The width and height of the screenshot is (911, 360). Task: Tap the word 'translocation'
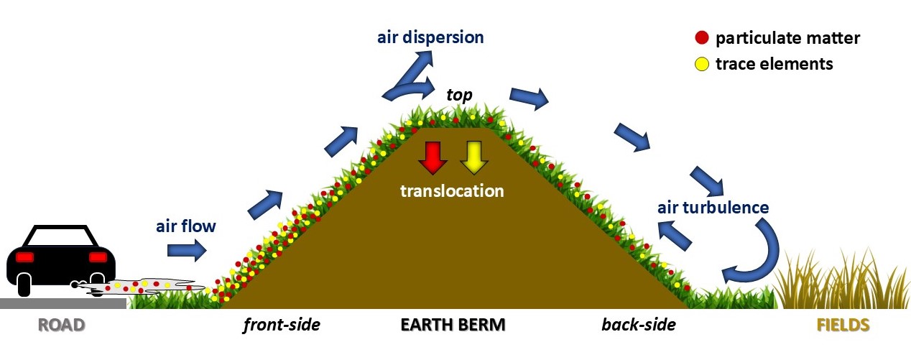coord(452,191)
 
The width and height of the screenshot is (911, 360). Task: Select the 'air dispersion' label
coord(430,37)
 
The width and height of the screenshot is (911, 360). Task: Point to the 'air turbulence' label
coord(713,208)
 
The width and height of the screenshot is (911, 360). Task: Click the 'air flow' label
coord(186,226)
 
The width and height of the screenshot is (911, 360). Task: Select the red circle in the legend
coord(702,38)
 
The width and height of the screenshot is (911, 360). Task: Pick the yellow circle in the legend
coord(702,64)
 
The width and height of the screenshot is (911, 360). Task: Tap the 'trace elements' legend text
coord(774,64)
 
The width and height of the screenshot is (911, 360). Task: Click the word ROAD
coord(62,325)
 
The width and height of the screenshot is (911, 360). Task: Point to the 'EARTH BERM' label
coord(453,325)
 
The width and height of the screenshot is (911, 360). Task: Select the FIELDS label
coord(843,325)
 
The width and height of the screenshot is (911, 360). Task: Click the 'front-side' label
coord(281,325)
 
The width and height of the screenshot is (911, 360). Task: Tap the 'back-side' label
coord(639,325)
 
